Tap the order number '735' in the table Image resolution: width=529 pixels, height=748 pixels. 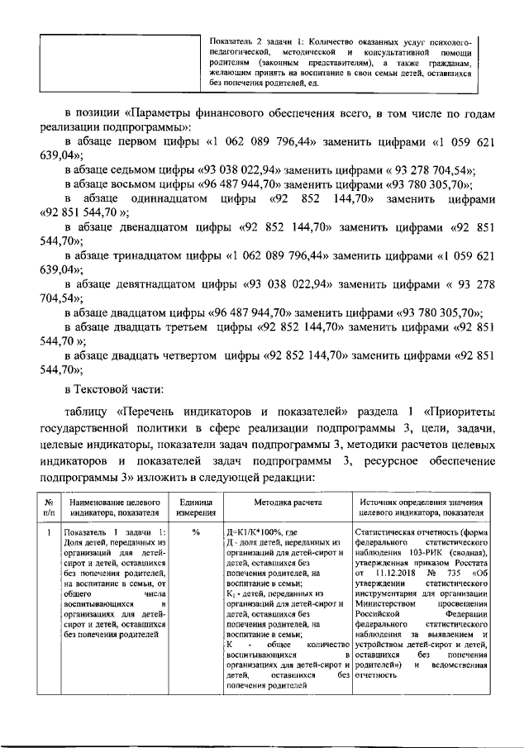click(455, 574)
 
